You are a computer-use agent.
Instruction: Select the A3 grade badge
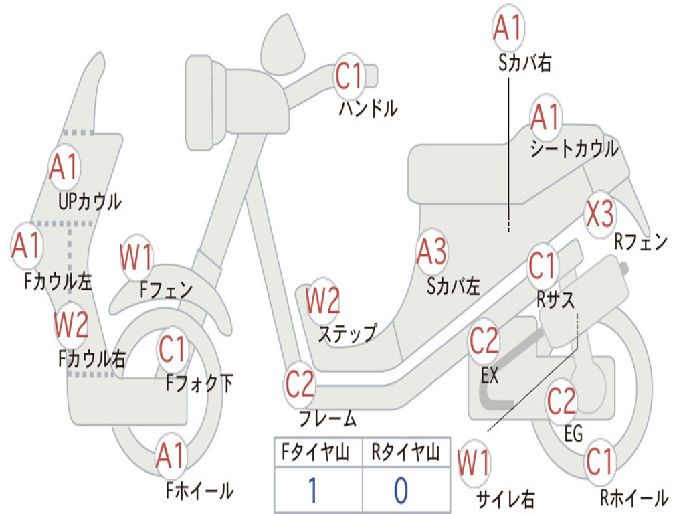pos(431,252)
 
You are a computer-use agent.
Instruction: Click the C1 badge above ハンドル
pos(349,76)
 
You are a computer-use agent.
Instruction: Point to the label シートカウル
pos(574,149)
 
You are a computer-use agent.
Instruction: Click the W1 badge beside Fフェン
pos(136,258)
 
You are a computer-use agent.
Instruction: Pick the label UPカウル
pos(90,201)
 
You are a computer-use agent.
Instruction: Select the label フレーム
pos(327,419)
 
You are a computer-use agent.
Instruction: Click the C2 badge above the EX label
pos(484,341)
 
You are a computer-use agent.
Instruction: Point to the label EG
pos(573,434)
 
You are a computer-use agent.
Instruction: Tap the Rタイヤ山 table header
pos(405,454)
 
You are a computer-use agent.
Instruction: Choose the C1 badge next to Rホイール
pos(599,460)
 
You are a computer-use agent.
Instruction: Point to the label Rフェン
pos(641,242)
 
